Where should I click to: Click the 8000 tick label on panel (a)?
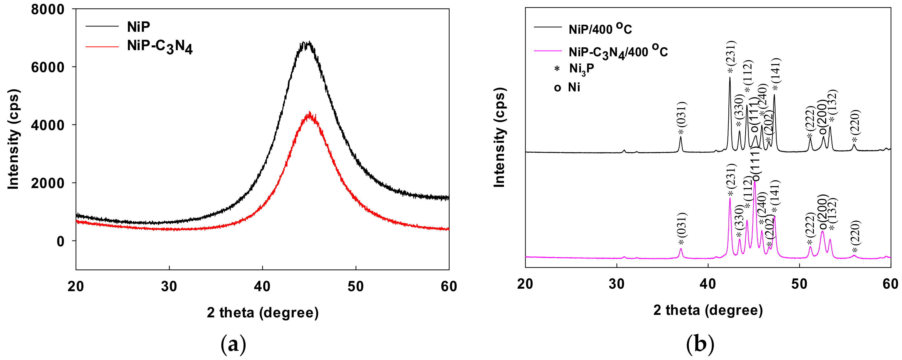[x=48, y=9]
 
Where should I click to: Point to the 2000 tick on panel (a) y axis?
[x=48, y=183]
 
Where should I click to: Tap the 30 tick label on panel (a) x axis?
[x=169, y=286]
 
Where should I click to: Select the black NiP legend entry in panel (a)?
[x=138, y=26]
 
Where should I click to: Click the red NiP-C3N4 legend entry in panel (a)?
[x=159, y=47]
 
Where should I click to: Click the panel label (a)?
[x=233, y=345]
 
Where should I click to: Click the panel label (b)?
[x=700, y=345]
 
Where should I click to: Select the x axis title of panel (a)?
[x=263, y=312]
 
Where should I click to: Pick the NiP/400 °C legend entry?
[x=600, y=29]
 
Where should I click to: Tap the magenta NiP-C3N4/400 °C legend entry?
[x=618, y=52]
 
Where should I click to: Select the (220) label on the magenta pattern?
[x=855, y=232]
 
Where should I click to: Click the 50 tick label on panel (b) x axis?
[x=799, y=284]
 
